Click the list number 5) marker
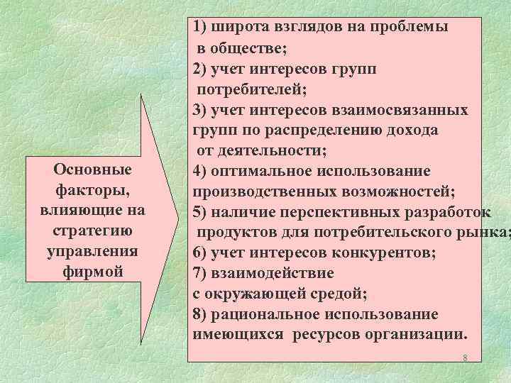[199, 212]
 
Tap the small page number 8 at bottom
[464, 358]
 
